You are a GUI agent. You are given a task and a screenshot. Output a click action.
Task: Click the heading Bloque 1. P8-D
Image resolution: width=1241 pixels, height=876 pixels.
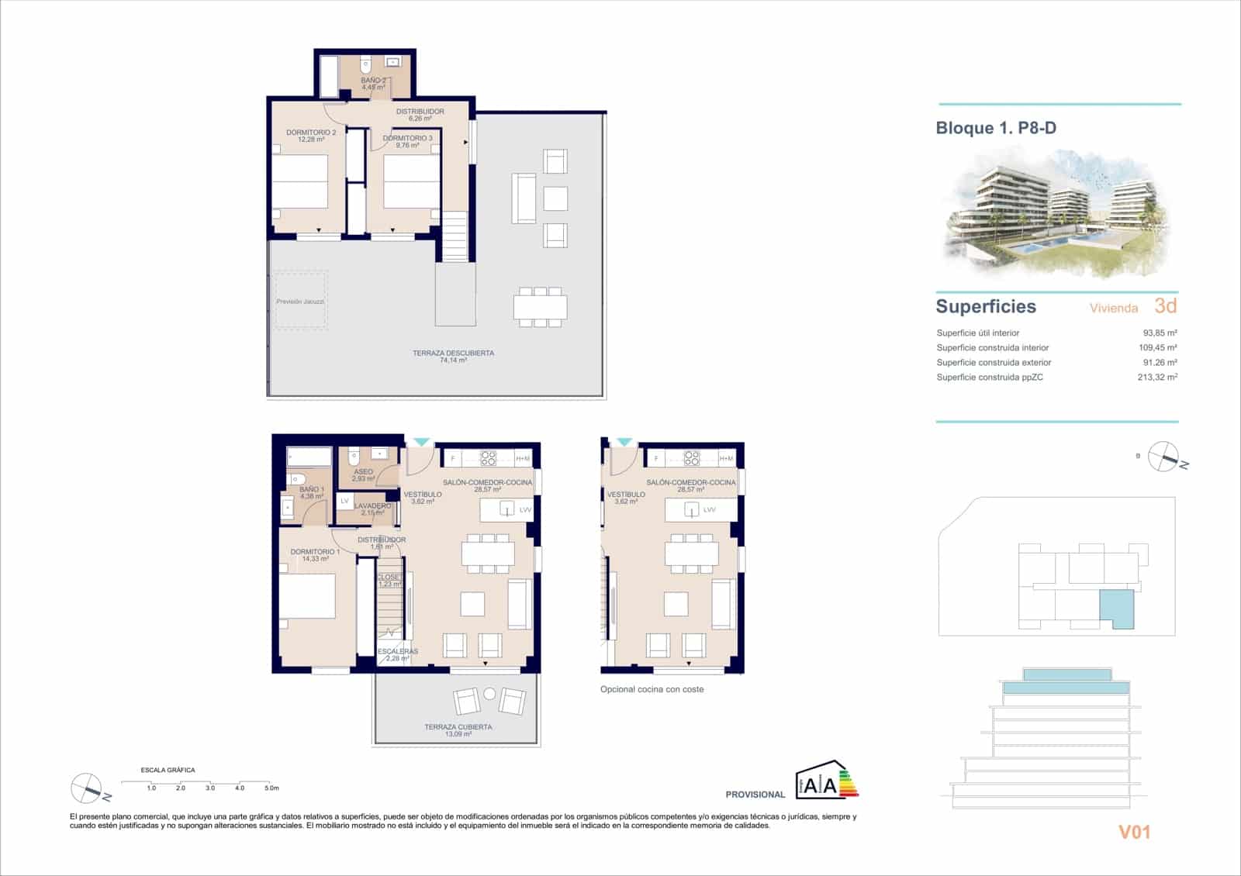pos(996,129)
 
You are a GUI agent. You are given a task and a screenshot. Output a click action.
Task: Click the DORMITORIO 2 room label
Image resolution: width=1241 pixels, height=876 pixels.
pos(311,136)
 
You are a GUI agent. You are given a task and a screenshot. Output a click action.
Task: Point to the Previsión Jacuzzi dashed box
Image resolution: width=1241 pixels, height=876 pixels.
pos(300,301)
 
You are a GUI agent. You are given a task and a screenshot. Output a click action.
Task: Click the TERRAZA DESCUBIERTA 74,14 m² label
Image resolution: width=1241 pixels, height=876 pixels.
pos(453,357)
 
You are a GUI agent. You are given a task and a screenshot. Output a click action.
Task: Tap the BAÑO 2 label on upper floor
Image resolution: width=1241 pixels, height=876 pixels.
pos(373,84)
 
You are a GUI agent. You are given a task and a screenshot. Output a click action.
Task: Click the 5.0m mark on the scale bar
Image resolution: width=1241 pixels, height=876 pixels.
pos(271,788)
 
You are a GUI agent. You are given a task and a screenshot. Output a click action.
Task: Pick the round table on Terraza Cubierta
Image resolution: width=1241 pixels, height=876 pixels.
pos(489,695)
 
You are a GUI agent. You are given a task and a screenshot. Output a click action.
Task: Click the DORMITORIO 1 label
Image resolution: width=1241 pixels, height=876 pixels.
pos(309,555)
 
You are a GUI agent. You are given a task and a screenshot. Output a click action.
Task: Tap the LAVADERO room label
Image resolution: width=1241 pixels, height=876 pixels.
pos(372,509)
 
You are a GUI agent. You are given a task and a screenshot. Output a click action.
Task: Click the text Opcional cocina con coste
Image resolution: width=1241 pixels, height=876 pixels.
pos(652,689)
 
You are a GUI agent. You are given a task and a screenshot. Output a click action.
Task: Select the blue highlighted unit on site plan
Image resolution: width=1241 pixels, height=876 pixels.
pos(1116,608)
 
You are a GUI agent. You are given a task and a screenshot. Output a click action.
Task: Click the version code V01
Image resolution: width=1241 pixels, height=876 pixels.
pos(1134,833)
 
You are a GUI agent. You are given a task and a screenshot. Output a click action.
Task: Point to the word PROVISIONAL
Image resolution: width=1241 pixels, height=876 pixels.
pos(755,795)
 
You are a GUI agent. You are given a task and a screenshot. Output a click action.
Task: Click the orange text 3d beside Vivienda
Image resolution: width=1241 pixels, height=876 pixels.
pos(1165,306)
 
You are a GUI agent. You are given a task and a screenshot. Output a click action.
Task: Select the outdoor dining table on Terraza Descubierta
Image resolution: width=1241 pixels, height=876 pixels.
pos(540,307)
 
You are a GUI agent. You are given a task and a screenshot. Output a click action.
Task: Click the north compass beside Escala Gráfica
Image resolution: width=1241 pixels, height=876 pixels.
pos(87,789)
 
